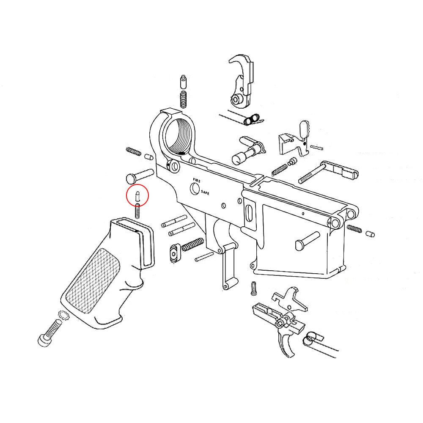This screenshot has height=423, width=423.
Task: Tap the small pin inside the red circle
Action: click(x=137, y=196)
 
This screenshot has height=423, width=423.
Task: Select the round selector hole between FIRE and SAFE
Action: click(x=195, y=189)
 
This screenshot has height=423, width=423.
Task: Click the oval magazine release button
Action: click(x=174, y=253)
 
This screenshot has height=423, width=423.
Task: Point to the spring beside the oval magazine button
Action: click(x=192, y=244)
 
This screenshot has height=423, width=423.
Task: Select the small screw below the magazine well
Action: click(x=254, y=288)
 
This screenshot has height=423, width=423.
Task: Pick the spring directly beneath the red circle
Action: click(x=137, y=211)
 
